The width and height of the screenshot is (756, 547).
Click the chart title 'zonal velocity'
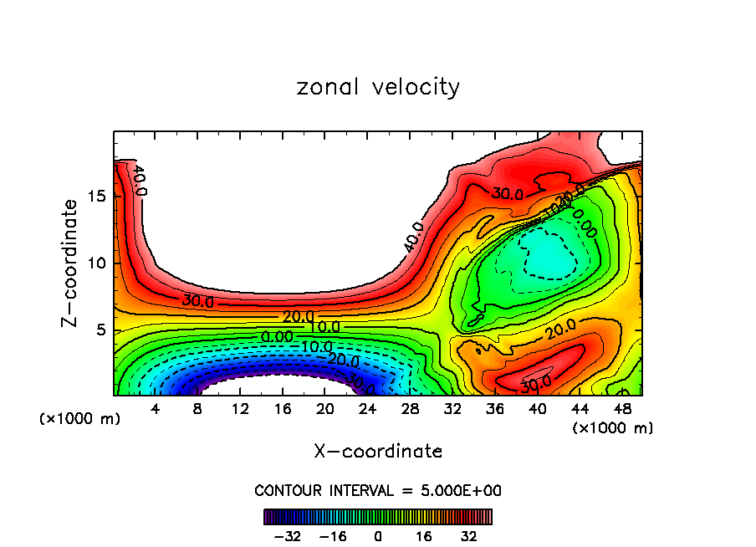[378, 87]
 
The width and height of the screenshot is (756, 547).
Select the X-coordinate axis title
[378, 452]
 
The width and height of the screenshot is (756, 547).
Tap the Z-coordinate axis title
[70, 263]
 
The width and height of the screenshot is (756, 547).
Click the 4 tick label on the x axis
[155, 410]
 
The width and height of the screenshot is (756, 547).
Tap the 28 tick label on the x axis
[410, 410]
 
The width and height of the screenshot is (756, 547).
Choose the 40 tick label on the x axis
[537, 410]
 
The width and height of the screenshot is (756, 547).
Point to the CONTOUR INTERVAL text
[378, 490]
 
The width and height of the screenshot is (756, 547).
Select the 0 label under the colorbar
[378, 537]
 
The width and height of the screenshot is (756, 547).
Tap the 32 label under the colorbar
[468, 537]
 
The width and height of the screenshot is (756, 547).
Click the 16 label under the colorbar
[424, 537]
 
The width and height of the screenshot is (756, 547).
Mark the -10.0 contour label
[316, 347]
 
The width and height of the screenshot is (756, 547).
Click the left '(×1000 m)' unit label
[80, 419]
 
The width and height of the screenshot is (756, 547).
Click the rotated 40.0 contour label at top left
[140, 180]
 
